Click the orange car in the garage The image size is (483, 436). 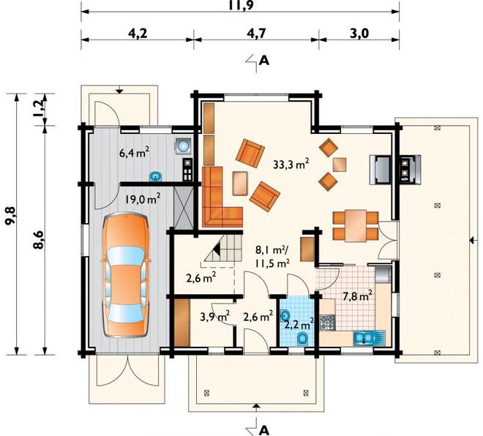coord(127,276)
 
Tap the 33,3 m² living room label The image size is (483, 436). coord(291,164)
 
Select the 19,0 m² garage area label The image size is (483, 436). coord(142,199)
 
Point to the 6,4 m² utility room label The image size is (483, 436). coord(135,152)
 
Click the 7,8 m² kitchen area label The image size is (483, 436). coord(358,296)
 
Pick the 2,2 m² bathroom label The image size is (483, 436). coord(299,325)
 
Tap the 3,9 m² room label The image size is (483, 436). coord(214,316)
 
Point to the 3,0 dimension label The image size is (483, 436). coord(359,33)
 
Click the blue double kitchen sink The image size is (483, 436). coord(364,338)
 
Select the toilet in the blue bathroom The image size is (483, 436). coord(302,338)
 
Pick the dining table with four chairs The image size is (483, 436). coord(356,226)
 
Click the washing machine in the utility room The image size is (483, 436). coord(184,146)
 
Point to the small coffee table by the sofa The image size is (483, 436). coord(240,183)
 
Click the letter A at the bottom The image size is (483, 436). coord(263,429)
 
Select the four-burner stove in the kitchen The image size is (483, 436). coord(327,323)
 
